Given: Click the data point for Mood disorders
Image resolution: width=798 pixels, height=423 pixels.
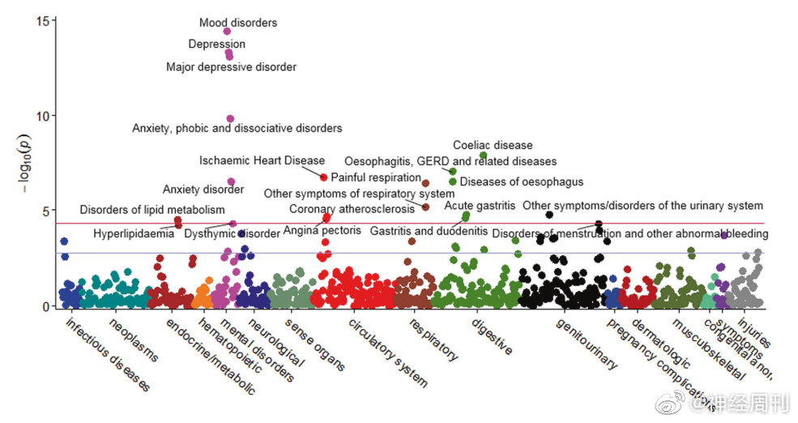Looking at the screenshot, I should tap(227, 32).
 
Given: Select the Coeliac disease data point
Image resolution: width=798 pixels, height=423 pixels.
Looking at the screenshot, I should tap(483, 156).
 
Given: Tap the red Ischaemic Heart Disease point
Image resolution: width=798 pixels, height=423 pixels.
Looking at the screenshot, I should tap(324, 177).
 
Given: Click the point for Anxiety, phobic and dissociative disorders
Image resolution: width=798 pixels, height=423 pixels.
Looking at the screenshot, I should tap(230, 119).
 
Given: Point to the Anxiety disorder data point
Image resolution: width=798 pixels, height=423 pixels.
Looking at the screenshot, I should tap(231, 182).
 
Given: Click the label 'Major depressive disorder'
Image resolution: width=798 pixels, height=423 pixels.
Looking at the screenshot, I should tap(231, 67).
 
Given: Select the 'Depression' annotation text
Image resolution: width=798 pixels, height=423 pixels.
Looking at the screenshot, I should tap(216, 44).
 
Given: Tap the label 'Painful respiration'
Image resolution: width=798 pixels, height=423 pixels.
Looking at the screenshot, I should tap(376, 177).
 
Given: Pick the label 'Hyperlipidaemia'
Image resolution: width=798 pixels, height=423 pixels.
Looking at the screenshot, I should tap(134, 234).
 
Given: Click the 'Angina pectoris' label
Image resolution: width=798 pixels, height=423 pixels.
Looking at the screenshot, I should tap(322, 231).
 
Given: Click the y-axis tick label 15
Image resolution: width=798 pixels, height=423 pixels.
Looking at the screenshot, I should tap(44, 20).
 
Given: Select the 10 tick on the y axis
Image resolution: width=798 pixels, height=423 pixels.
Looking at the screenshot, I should tap(44, 115).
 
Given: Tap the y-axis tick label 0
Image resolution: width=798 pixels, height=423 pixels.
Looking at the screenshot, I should tap(47, 306).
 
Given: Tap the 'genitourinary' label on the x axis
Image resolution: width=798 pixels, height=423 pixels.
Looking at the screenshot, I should tap(587, 345).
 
